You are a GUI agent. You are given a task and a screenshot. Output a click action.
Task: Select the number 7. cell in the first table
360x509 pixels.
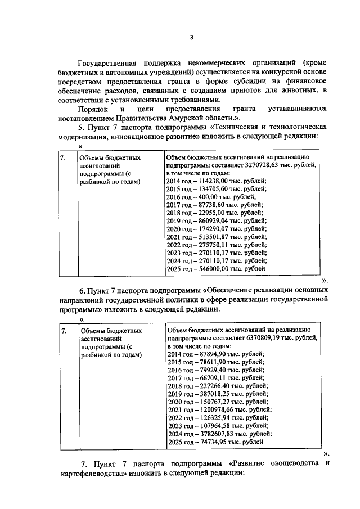pos(63,159)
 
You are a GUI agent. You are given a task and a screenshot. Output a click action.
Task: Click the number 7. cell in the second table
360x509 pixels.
pos(63,332)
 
